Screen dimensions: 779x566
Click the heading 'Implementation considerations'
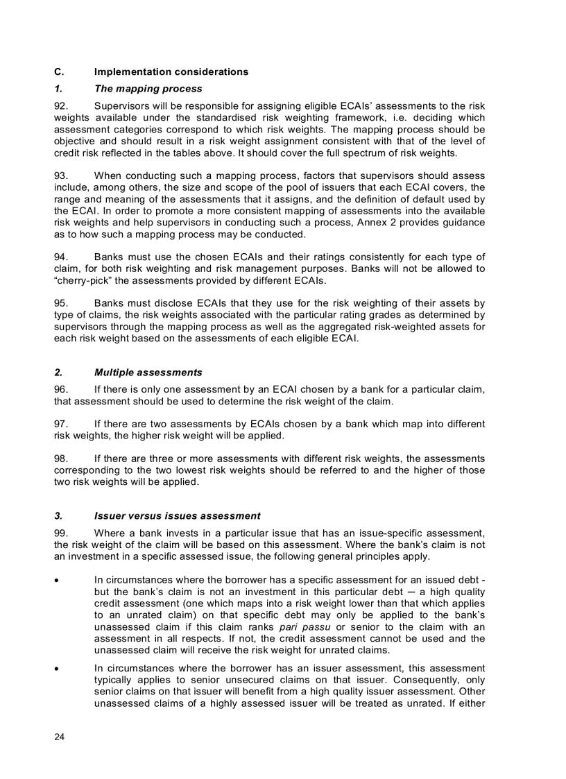click(171, 72)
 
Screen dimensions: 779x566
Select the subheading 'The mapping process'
click(148, 89)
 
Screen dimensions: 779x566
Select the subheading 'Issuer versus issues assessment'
click(177, 516)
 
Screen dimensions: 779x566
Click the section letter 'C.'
click(59, 72)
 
